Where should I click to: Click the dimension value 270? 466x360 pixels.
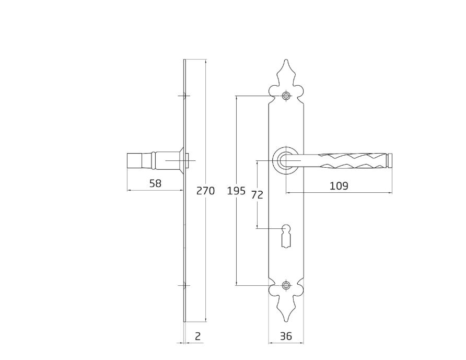pos(205,191)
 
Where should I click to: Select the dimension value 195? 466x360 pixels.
pos(236,191)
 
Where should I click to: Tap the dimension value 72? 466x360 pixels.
pos(257,195)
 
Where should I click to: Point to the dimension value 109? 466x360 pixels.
pos(339,185)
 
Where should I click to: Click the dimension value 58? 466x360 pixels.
pos(155,183)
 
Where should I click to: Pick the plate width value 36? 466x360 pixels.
pos(286,336)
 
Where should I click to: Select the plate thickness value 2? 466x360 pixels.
pos(197,336)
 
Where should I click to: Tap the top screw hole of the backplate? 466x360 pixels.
pos(285,96)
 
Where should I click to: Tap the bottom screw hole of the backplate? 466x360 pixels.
pos(285,285)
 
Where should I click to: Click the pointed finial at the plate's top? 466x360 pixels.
pos(285,73)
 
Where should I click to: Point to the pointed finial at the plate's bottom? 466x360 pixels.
pos(285,308)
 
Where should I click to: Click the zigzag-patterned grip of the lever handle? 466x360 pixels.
pos(350,159)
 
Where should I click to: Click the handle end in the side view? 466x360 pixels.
pos(135,161)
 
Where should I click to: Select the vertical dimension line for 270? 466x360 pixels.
pos(206,131)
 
